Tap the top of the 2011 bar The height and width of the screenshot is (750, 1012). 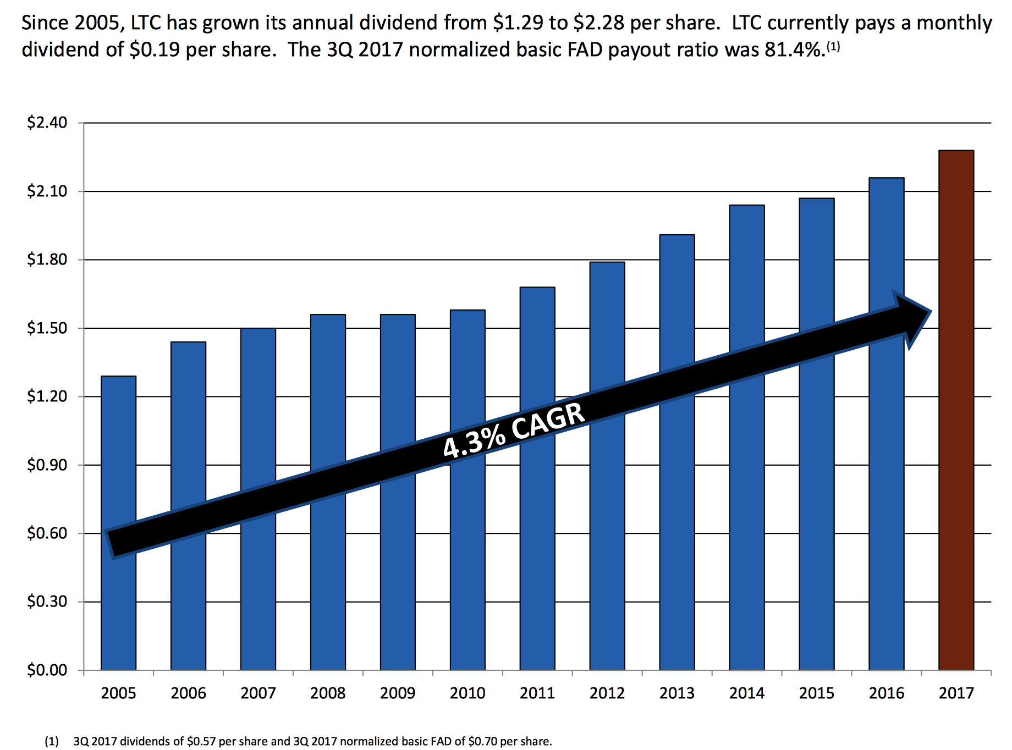coord(537,288)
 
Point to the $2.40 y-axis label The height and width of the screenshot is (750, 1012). coord(47,122)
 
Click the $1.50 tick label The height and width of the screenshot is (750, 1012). coord(47,328)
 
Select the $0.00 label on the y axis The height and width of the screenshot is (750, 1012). coord(47,670)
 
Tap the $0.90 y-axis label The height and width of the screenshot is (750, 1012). coord(47,465)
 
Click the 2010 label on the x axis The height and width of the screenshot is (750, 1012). coord(468,693)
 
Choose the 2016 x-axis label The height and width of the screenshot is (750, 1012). coord(887,693)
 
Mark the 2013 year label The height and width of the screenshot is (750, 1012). coord(677,693)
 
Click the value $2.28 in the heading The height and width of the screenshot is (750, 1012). coord(598,23)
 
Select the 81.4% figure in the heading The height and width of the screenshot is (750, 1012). coord(793,50)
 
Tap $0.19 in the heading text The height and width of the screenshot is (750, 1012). coord(155,50)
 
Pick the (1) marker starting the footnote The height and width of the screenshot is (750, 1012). coord(52,741)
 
